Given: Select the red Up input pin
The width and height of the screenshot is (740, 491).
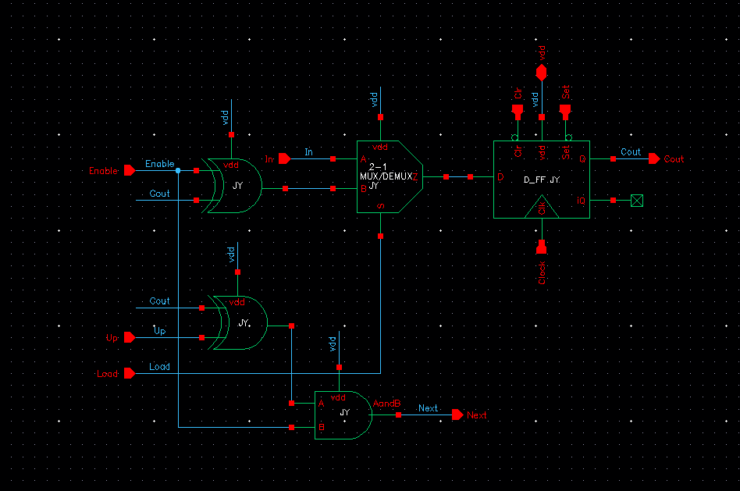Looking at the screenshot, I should click(x=129, y=337).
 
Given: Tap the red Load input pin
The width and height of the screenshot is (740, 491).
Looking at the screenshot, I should click(x=129, y=373).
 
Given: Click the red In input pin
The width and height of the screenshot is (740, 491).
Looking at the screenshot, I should click(x=284, y=158).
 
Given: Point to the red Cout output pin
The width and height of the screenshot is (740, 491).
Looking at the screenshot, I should click(x=654, y=158).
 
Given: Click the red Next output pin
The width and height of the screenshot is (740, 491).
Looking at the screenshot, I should click(x=457, y=415).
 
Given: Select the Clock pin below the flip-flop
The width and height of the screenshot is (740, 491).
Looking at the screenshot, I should click(x=542, y=248).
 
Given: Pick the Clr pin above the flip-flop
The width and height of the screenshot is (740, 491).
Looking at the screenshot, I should click(x=516, y=112).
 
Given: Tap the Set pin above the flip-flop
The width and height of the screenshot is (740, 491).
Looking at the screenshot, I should click(x=567, y=112).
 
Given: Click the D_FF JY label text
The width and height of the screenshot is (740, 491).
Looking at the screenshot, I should click(x=542, y=180).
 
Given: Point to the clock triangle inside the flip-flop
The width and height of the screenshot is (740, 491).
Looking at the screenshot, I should click(x=542, y=208).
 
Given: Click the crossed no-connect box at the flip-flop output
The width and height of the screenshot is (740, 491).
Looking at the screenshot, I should click(x=637, y=201).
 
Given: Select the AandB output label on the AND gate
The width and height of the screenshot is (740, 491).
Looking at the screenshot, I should click(x=387, y=404).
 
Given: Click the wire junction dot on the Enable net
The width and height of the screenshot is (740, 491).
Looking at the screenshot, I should click(x=178, y=170).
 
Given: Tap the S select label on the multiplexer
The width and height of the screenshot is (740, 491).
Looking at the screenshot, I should click(x=380, y=206).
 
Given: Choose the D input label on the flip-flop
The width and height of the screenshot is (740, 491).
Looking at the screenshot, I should click(x=500, y=177).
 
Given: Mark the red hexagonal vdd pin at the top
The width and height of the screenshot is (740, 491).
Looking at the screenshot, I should click(x=542, y=72).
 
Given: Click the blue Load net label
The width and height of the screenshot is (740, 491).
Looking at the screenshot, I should click(x=159, y=367).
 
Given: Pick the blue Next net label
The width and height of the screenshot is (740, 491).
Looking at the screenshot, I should click(x=428, y=408).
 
